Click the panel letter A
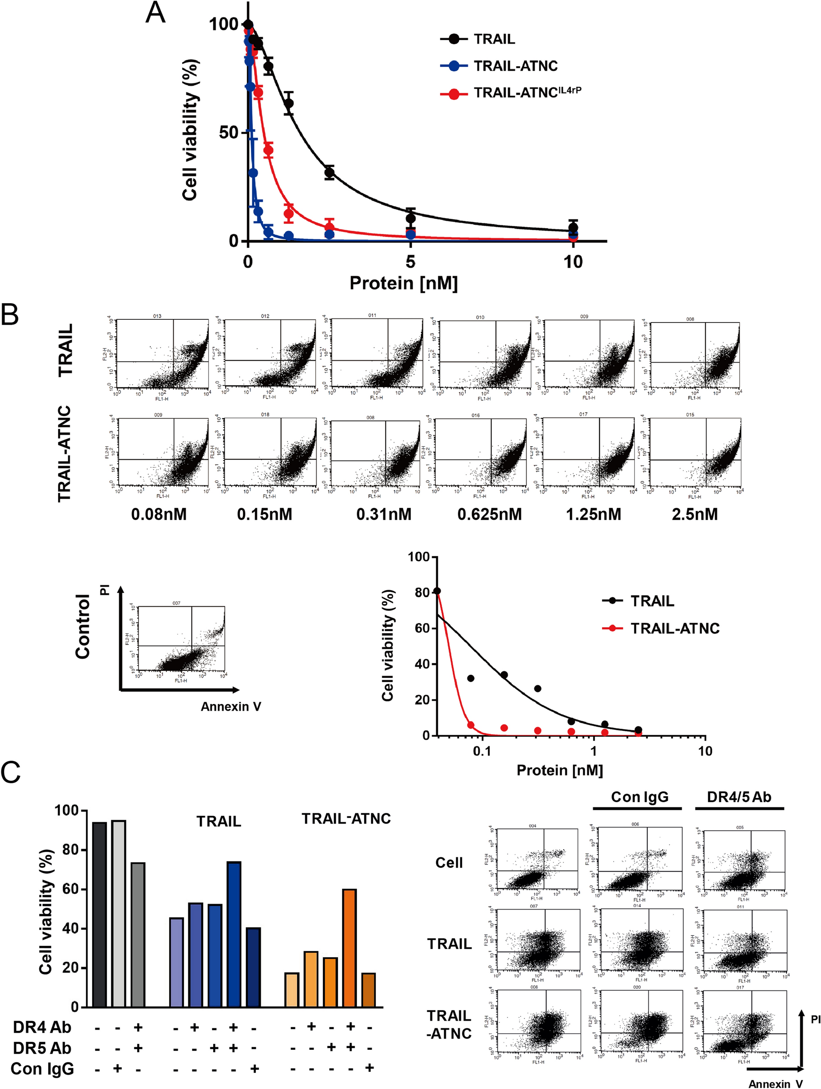156,13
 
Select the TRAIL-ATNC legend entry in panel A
515,66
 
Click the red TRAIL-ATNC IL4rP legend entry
527,93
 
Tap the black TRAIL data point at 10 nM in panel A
572,228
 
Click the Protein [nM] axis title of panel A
403,283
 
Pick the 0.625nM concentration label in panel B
489,515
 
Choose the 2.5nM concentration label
695,515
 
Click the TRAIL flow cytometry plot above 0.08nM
162,355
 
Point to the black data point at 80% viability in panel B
437,591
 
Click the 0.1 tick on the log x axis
482,751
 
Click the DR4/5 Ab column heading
738,797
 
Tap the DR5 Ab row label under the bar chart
42,1049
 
